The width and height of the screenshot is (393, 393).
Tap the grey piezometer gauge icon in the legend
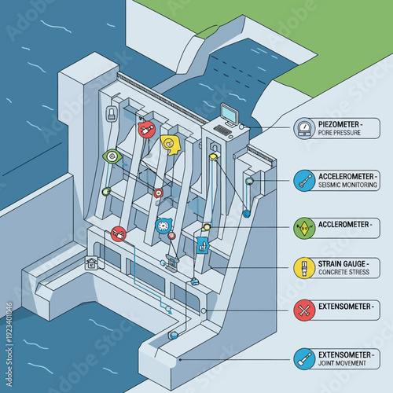303,129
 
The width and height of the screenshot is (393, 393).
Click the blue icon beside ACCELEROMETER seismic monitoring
303,180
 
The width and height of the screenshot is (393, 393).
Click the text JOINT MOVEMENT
341,365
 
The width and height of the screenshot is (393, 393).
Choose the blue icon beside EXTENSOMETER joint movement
303,359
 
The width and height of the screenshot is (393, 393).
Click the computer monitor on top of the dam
228,115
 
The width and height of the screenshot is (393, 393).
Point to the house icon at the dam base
93,264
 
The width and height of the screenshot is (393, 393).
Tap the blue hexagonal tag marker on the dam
203,244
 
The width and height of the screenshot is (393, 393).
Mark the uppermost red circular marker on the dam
145,129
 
